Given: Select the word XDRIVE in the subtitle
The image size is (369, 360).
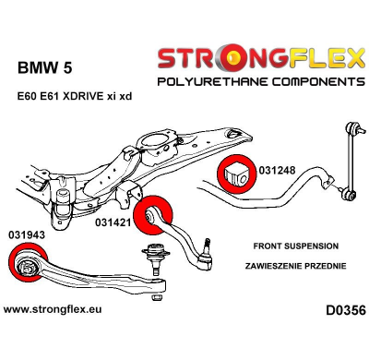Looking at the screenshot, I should [92, 96].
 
